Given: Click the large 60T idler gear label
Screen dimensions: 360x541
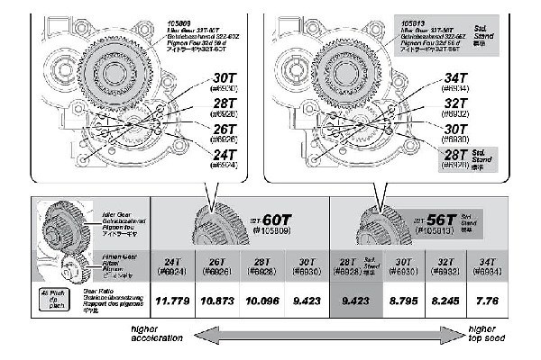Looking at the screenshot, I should (x=276, y=220).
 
